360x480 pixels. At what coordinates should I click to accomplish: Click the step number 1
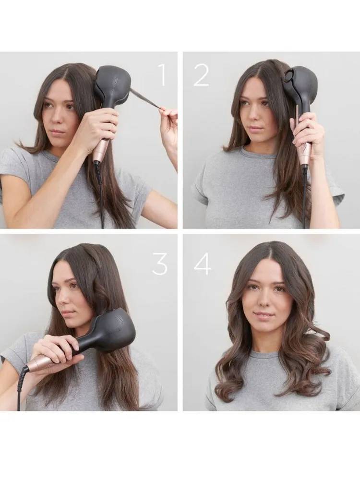point(162,75)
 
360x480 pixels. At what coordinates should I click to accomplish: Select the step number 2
point(201,75)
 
